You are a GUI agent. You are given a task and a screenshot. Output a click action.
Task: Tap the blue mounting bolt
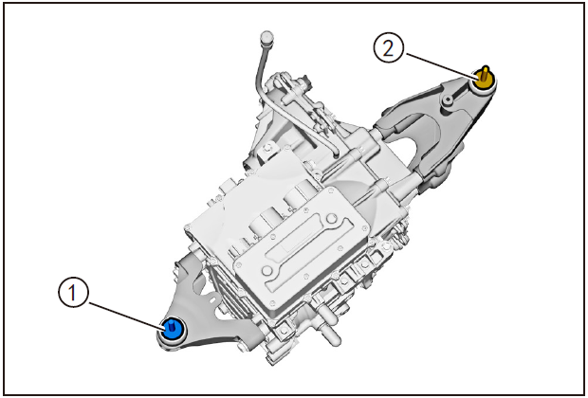click(174, 329)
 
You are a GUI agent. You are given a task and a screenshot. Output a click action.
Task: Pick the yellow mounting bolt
click(485, 79)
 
